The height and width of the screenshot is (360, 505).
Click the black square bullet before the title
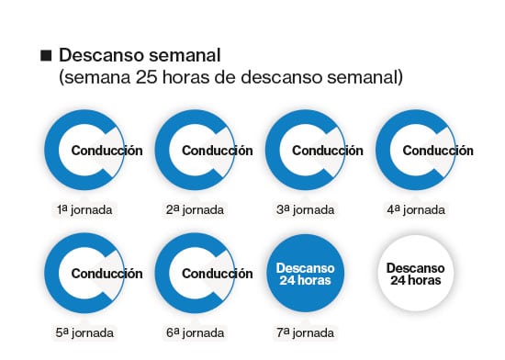pyautogui.click(x=46, y=55)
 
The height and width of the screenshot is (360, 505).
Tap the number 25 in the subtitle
pyautogui.click(x=146, y=77)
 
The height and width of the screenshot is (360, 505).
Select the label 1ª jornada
pyautogui.click(x=84, y=210)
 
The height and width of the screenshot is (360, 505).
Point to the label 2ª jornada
pyautogui.click(x=195, y=210)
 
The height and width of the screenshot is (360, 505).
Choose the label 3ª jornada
pyautogui.click(x=306, y=210)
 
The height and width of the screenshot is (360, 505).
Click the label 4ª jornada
pyautogui.click(x=416, y=210)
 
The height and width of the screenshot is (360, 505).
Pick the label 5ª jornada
pyautogui.click(x=84, y=332)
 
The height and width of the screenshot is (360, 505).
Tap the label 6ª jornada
pyautogui.click(x=195, y=332)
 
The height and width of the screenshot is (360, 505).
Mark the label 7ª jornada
pyautogui.click(x=306, y=332)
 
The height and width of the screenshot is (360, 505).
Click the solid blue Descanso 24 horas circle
pyautogui.click(x=306, y=274)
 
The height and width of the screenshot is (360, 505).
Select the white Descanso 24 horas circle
pyautogui.click(x=416, y=274)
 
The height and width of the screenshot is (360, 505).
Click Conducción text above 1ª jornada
pyautogui.click(x=107, y=151)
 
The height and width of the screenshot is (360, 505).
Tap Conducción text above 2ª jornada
pyautogui.click(x=218, y=151)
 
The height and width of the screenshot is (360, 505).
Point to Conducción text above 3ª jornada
pyautogui.click(x=328, y=151)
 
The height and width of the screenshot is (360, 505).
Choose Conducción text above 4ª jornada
pyautogui.click(x=438, y=151)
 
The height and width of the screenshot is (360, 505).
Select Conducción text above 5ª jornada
pyautogui.click(x=107, y=274)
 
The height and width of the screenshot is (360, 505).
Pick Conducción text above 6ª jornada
pyautogui.click(x=218, y=274)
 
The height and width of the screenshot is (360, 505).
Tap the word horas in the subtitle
pyautogui.click(x=185, y=77)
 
